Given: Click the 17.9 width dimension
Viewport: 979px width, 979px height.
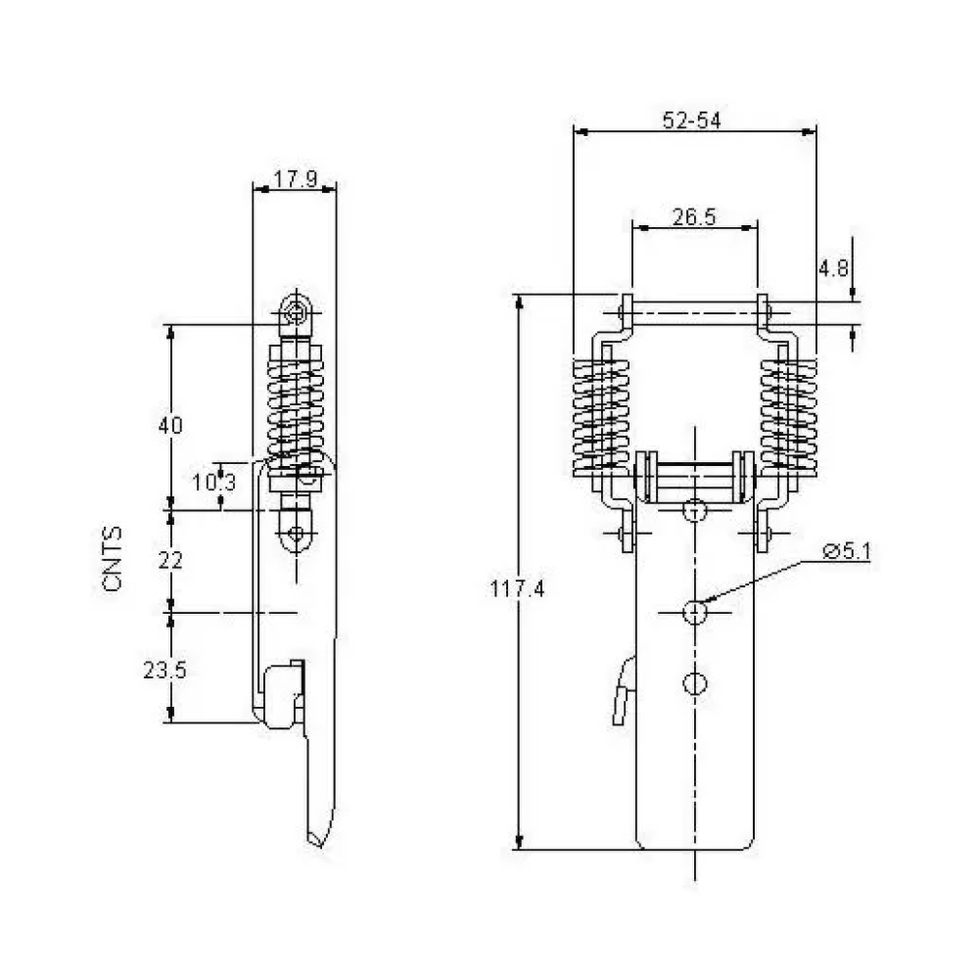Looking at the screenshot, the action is click(x=296, y=179).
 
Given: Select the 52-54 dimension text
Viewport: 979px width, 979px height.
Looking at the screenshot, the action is click(x=692, y=120).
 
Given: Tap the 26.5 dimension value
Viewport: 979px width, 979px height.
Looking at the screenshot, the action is click(x=694, y=217).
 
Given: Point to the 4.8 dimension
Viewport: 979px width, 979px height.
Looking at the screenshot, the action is click(x=833, y=268).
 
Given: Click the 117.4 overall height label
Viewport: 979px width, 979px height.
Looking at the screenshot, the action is click(x=517, y=588).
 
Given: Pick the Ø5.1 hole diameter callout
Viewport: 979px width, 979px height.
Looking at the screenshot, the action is click(x=847, y=551).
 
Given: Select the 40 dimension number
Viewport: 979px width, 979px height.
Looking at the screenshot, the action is click(x=170, y=425).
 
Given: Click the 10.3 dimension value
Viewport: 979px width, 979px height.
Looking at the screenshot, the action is click(x=213, y=482).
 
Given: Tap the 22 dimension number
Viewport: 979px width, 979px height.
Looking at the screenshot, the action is click(x=170, y=561).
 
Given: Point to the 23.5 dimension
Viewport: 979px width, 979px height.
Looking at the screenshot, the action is click(x=164, y=670).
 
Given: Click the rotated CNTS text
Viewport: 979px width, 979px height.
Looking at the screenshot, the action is click(x=113, y=559).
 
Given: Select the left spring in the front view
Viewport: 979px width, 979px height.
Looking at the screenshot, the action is click(x=601, y=415).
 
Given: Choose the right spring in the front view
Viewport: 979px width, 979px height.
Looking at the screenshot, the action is click(x=788, y=415).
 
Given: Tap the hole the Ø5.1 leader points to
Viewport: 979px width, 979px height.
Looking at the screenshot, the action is click(x=695, y=613).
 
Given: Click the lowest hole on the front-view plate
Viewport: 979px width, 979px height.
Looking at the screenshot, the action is click(x=695, y=683).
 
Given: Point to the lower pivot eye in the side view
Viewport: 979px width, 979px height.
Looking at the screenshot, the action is click(x=296, y=534).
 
